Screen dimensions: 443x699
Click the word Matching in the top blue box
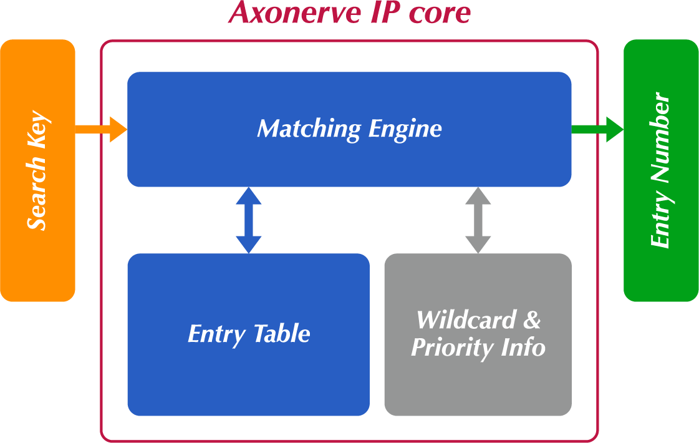(x=309, y=129)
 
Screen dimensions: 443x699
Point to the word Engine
(x=405, y=129)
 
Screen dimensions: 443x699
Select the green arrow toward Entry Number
(x=597, y=129)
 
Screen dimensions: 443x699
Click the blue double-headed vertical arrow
(x=249, y=220)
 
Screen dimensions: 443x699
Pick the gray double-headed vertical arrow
(x=478, y=220)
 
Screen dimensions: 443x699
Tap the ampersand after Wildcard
(x=531, y=319)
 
